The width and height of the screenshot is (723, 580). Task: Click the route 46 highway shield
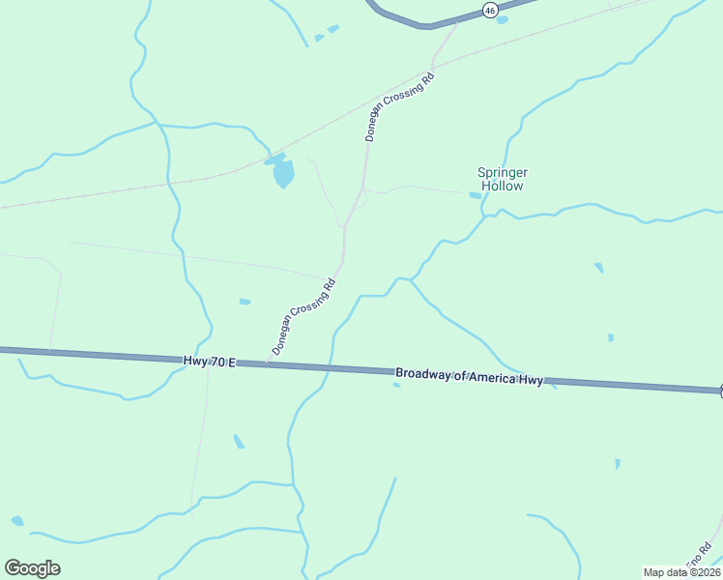pos(491,11)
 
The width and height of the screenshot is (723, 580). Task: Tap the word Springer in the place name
pos(503,172)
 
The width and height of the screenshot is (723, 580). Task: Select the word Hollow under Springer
pos(503,186)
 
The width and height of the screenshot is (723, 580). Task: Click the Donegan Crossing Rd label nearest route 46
pos(399,106)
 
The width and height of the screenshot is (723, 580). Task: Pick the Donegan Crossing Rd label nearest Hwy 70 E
pos(304,316)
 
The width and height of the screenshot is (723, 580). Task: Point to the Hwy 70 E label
pos(209,361)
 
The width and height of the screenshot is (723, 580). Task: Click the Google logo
pos(32,567)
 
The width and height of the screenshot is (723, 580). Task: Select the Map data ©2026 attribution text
pos(681,572)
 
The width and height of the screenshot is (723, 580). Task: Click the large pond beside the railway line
pos(282,174)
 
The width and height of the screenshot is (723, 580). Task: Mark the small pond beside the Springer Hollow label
pos(475,195)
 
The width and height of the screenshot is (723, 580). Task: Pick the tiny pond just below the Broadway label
pos(396,385)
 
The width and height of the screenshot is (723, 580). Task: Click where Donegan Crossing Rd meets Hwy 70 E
pos(267,363)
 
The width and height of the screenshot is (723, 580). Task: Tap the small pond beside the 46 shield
pos(501,20)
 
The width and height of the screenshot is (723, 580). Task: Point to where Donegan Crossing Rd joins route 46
pos(458,21)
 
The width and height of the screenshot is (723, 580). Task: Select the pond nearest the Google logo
pos(17,521)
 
